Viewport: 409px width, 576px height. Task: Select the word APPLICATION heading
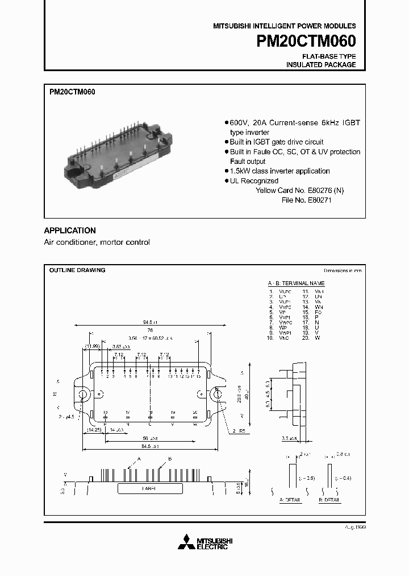70,231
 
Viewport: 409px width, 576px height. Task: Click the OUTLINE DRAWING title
77,270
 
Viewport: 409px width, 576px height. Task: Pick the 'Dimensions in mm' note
343,271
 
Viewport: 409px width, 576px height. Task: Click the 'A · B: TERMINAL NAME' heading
296,283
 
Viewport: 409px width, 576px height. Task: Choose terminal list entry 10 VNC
277,338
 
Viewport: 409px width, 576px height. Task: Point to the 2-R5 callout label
239,431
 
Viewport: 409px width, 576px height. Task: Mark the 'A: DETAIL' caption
291,500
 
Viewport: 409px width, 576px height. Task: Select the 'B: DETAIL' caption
329,500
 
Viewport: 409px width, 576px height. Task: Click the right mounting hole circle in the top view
217,394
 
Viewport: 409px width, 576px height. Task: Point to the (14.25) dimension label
94,430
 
